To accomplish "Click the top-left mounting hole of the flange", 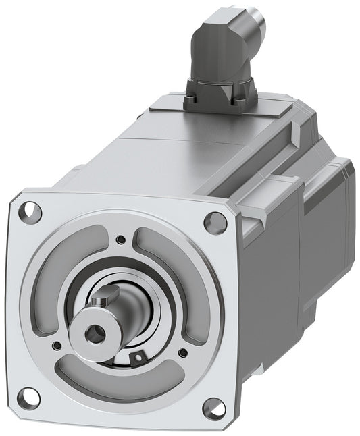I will [30, 212].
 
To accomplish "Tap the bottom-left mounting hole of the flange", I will [28, 397].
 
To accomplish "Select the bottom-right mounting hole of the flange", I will [213, 407].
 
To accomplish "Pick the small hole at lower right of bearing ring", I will [182, 352].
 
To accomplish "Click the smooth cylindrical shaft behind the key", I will [118, 307].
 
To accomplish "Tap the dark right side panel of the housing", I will [270, 283].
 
